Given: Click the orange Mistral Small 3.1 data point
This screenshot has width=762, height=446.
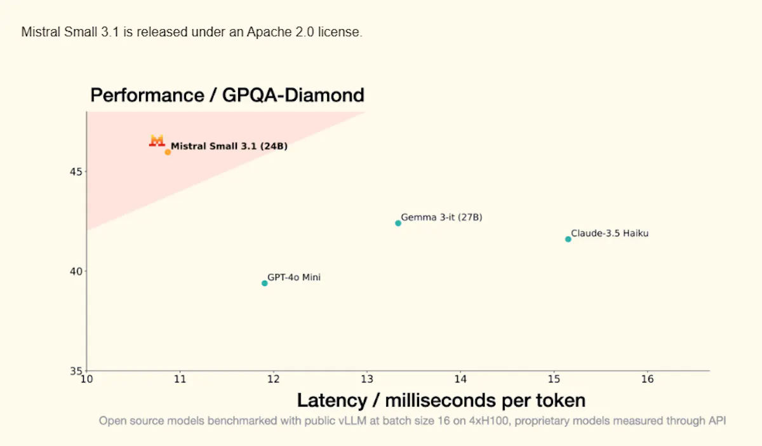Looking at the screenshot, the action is [x=168, y=152].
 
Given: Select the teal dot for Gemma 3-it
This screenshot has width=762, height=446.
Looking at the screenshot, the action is [x=398, y=224].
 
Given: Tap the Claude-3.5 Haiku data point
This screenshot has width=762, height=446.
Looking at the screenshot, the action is [x=568, y=240].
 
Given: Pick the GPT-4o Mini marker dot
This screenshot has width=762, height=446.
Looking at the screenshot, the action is [x=265, y=283].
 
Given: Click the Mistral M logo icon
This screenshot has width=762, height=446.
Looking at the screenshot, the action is [x=157, y=140].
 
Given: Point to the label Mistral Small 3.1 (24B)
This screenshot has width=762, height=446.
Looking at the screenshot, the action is [x=229, y=146].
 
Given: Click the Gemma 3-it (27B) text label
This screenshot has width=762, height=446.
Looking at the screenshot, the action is [x=441, y=217].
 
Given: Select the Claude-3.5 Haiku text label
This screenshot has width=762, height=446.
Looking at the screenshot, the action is [x=610, y=233].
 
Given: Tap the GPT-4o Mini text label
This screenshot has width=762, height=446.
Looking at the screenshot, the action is [x=294, y=277].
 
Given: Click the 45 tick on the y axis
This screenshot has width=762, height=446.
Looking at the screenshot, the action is [x=76, y=172].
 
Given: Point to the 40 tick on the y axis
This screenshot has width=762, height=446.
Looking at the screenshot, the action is [x=76, y=272].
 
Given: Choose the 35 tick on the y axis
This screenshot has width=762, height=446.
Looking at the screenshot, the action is [x=76, y=371].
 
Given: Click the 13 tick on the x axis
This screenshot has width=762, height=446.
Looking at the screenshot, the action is [x=367, y=379].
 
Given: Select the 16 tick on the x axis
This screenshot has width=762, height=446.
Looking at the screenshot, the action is [x=647, y=379].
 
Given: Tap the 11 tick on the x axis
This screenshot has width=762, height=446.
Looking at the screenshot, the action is [x=180, y=379].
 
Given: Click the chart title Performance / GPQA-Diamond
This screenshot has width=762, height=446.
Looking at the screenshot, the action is [x=227, y=95].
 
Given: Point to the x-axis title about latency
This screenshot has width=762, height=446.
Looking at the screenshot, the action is [x=441, y=400].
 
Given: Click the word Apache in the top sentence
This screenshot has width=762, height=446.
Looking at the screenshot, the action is [x=269, y=32].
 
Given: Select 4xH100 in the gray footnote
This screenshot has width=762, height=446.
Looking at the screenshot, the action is [x=488, y=421].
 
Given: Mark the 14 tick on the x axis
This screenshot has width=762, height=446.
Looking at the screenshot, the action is [x=460, y=379].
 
